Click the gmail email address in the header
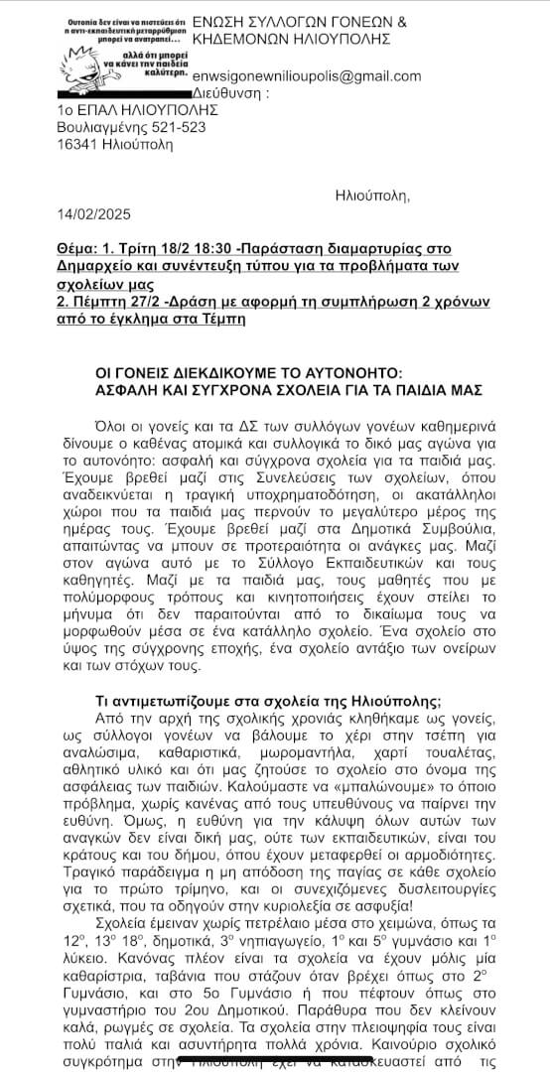[308, 76]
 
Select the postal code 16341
[81, 145]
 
